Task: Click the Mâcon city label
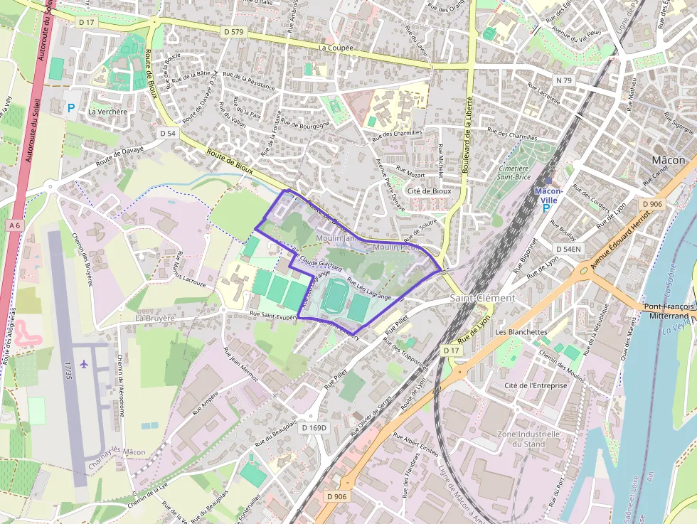point(668,160)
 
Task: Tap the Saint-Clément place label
point(482,298)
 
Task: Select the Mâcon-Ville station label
point(548,195)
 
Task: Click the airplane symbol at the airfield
point(85,364)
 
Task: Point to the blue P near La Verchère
point(70,108)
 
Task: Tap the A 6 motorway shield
point(14,225)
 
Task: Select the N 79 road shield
point(563,80)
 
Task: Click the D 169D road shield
point(314,428)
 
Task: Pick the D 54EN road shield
point(568,248)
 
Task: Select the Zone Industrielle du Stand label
point(528,439)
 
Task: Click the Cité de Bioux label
point(429,191)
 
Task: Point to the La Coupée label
point(335,48)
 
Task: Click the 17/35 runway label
point(68,369)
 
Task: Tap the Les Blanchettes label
point(521,331)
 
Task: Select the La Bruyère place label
point(155,319)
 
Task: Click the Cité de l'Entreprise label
point(535,385)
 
